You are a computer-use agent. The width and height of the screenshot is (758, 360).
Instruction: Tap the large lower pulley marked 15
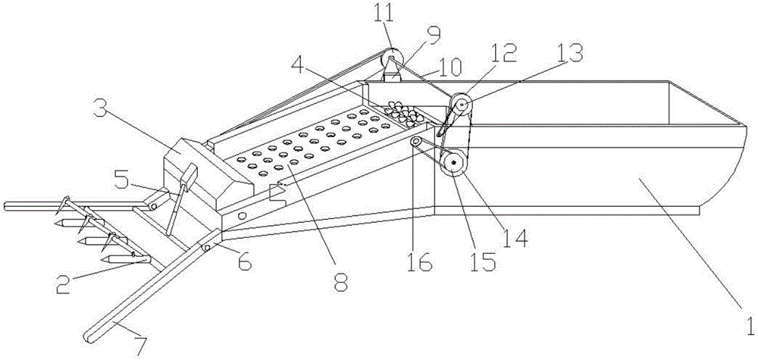[x=454, y=164]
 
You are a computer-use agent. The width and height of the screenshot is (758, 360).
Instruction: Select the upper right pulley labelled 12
[x=462, y=104]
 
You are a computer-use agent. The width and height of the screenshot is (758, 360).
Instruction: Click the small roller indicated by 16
[x=415, y=141]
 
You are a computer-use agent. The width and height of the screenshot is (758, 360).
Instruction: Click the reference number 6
[x=244, y=263]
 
